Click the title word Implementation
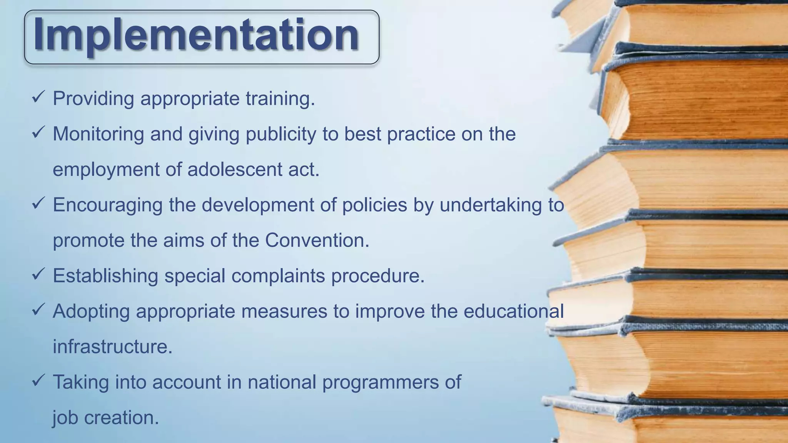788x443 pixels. pyautogui.click(x=196, y=35)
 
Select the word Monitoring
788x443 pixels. pyautogui.click(x=98, y=134)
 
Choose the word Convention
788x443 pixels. pyautogui.click(x=317, y=240)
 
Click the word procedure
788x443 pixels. pyautogui.click(x=377, y=276)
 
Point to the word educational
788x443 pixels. pyautogui.click(x=513, y=311)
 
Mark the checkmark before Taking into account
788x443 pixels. pyautogui.click(x=39, y=380)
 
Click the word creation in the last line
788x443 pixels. pyautogui.click(x=121, y=418)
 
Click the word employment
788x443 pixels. pyautogui.click(x=106, y=170)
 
